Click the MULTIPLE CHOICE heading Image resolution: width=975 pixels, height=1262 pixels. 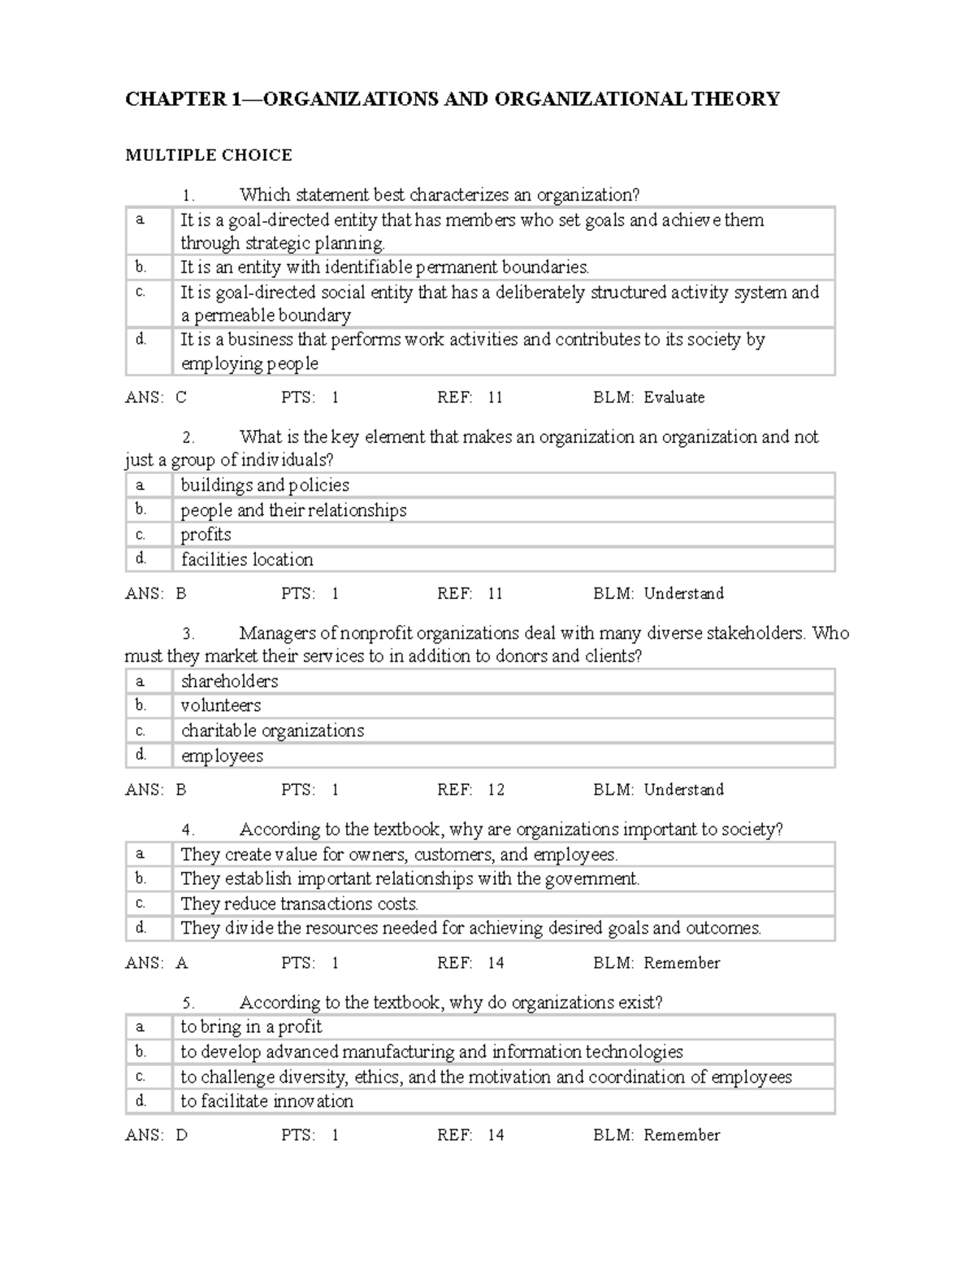pos(208,155)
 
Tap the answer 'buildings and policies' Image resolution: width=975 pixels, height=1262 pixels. pos(265,485)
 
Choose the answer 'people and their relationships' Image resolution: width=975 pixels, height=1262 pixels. pos(293,510)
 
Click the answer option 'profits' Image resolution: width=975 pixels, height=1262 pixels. pos(206,535)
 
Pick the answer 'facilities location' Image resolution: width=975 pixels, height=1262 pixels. pos(247,560)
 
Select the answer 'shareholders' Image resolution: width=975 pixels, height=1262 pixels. pos(229,681)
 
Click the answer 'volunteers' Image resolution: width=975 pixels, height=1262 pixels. pos(220,705)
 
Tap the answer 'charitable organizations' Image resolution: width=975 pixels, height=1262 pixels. pos(272,731)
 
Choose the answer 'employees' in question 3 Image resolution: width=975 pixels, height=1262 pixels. pos(222,756)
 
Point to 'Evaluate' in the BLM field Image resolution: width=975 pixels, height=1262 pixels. pos(674,397)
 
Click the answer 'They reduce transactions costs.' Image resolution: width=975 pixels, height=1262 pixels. pos(300,904)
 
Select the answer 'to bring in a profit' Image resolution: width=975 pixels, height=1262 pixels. pos(251,1027)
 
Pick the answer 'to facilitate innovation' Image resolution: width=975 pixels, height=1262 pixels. pos(266,1101)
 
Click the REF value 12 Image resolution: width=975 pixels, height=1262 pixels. pos(496,790)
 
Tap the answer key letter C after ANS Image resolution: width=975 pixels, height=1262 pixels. pos(181,397)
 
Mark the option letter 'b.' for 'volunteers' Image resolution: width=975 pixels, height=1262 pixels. pos(141,705)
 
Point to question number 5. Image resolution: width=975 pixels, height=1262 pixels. pos(188,1003)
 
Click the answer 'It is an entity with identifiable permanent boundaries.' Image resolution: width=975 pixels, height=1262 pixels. pos(384,267)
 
